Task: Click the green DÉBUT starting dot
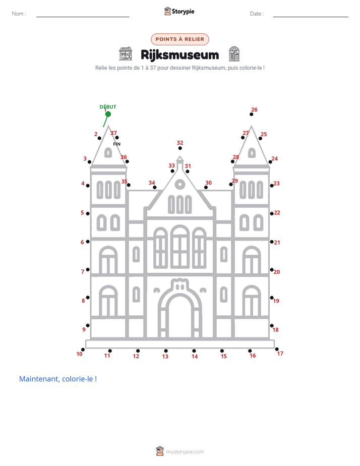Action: click(x=108, y=114)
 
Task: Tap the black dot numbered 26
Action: click(x=251, y=114)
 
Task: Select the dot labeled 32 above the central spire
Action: click(x=180, y=148)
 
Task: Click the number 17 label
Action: click(x=280, y=354)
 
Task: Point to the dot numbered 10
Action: click(x=83, y=349)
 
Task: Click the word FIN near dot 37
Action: click(x=117, y=144)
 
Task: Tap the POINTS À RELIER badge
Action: click(x=180, y=39)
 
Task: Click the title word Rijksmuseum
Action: click(x=179, y=55)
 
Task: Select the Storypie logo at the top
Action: click(x=179, y=11)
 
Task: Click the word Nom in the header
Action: click(x=18, y=14)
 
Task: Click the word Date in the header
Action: click(x=255, y=14)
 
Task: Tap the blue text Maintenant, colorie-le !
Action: click(x=58, y=379)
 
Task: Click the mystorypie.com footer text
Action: click(x=185, y=452)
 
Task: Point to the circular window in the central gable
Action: click(x=180, y=185)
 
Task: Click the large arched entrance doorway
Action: click(x=180, y=309)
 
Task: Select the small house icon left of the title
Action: click(x=126, y=54)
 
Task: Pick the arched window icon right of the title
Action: click(x=234, y=54)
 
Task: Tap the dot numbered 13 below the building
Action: click(x=166, y=351)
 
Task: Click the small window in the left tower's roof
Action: click(x=108, y=153)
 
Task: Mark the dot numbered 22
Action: click(x=272, y=214)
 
